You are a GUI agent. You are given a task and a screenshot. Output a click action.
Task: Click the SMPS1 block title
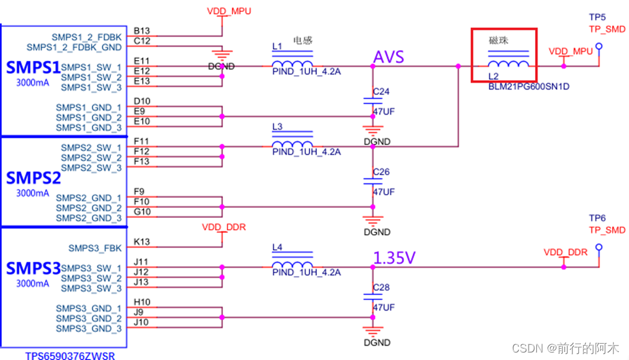pyautogui.click(x=33, y=66)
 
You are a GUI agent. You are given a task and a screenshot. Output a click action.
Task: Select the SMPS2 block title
pyautogui.click(x=33, y=178)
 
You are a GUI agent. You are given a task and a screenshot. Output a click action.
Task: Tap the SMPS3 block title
pyautogui.click(x=33, y=269)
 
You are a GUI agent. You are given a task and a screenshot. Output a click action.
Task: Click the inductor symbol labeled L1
pyautogui.click(x=292, y=65)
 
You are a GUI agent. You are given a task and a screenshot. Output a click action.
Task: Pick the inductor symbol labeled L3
pyautogui.click(x=292, y=146)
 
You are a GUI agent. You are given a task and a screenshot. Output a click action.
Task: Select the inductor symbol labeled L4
pyautogui.click(x=292, y=267)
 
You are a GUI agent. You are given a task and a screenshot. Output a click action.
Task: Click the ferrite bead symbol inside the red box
pyautogui.click(x=507, y=64)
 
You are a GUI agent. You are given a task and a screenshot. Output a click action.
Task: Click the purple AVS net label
pyautogui.click(x=388, y=57)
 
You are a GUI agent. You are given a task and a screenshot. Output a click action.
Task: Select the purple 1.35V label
pyautogui.click(x=395, y=257)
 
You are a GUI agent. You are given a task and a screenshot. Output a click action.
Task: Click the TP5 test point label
pyautogui.click(x=597, y=17)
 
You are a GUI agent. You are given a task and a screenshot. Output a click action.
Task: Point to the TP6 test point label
pyautogui.click(x=597, y=219)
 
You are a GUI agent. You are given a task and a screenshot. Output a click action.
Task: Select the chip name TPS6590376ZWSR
pyautogui.click(x=70, y=355)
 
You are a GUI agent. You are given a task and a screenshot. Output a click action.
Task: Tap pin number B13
pyautogui.click(x=142, y=31)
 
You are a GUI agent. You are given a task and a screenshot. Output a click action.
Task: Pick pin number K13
pyautogui.click(x=142, y=242)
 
